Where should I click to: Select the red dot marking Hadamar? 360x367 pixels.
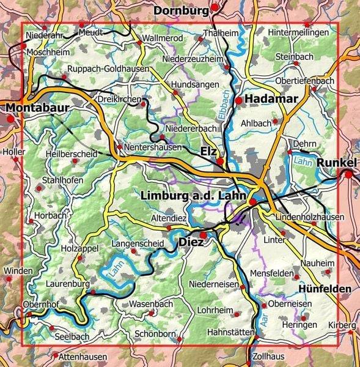click(238, 99)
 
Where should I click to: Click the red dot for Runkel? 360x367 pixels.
click(348, 174)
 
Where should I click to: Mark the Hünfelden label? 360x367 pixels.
click(325, 288)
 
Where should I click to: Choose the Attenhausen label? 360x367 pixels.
click(84, 357)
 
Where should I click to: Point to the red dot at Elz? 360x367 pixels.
click(220, 161)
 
